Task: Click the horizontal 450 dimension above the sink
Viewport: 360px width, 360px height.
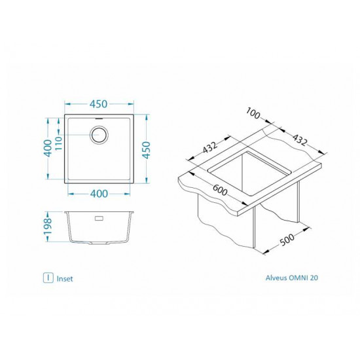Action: (99, 105)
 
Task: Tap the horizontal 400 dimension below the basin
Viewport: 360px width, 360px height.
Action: (99, 193)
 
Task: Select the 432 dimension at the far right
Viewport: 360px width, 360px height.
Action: (299, 140)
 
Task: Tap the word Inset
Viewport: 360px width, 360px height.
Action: (65, 278)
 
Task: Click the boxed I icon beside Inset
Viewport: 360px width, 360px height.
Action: (48, 278)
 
